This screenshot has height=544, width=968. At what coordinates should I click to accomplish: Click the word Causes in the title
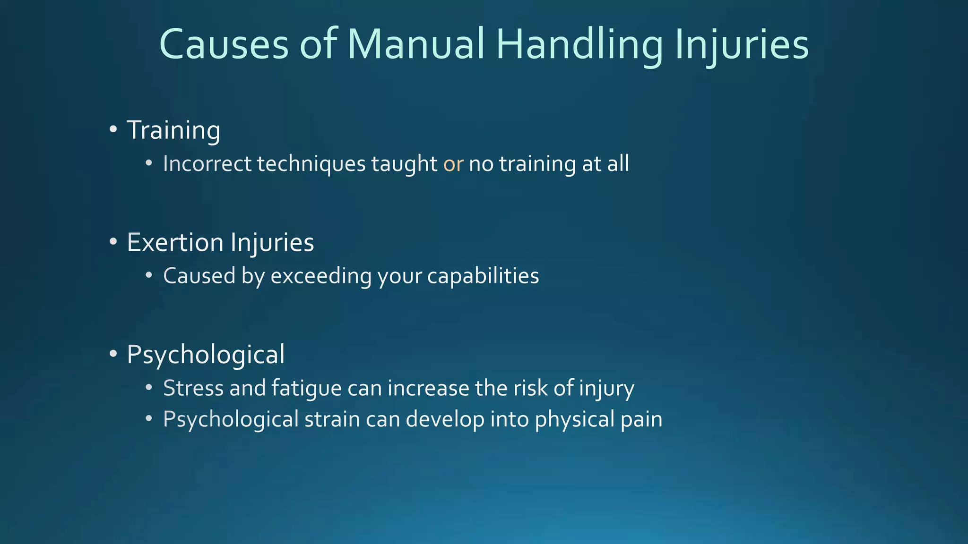pos(224,44)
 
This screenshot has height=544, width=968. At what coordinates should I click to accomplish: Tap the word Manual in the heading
pos(416,44)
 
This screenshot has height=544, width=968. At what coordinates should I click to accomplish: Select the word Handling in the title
pos(579,44)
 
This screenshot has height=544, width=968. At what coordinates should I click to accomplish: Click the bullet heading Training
pos(173,130)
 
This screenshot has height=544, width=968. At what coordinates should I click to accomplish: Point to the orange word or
pos(453,164)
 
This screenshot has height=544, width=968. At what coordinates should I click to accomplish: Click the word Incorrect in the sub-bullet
pos(207,164)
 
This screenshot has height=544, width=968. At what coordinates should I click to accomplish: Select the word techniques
pos(311,164)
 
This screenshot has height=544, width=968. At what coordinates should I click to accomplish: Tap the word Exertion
pos(175,243)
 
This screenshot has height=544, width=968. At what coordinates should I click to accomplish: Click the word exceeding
pos(321,276)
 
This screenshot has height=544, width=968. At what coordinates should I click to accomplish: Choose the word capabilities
pos(483,276)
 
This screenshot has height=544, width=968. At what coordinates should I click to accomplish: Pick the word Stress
pos(193,389)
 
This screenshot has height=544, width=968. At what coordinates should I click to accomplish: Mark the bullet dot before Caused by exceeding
pos(149,275)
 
